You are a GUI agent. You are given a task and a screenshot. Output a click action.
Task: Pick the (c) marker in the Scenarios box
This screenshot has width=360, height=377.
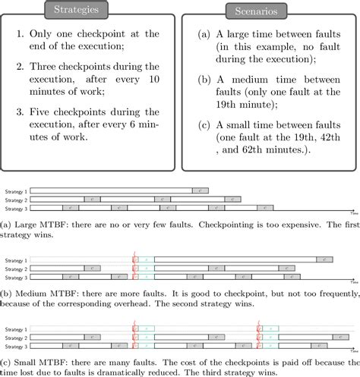tap(204, 124)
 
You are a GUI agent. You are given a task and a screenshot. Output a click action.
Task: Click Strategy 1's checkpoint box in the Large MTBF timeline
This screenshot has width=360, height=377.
tap(200, 190)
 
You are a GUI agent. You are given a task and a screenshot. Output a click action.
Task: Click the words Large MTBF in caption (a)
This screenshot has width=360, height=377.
tap(38, 224)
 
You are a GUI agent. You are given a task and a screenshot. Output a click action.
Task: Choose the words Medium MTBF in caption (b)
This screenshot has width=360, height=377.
tap(42, 288)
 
